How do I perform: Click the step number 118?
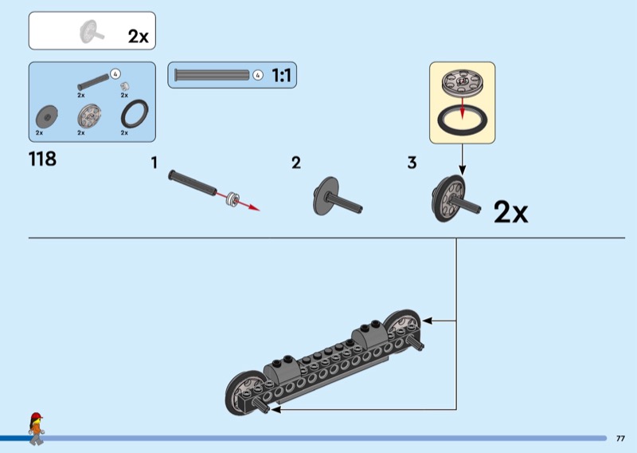pos(42,159)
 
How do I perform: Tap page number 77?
pos(620,439)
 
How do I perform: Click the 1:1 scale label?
pos(281,75)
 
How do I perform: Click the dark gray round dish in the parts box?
pos(47,117)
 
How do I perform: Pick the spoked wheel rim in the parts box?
pos(89,116)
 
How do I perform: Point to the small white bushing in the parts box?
pos(125,86)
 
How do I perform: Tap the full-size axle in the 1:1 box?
pos(212,75)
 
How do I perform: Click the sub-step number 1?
pos(154,163)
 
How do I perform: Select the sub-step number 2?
pos(296,163)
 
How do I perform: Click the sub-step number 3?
pos(412,163)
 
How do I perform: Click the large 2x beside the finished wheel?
pos(510,212)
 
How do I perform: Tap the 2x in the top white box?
pos(138,36)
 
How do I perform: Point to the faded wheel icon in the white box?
pos(91,31)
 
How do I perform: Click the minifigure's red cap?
pos(37,416)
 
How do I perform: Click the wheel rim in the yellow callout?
pos(462,83)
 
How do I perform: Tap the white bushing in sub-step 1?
pos(233,199)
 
